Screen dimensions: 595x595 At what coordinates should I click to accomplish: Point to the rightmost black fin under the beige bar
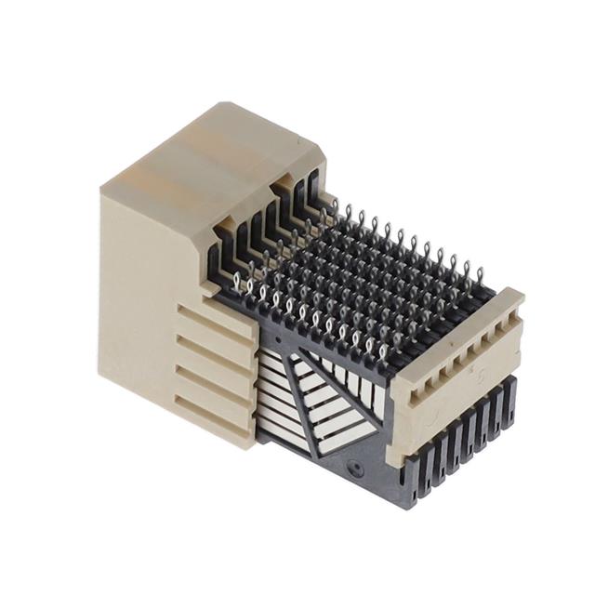(x=508, y=400)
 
